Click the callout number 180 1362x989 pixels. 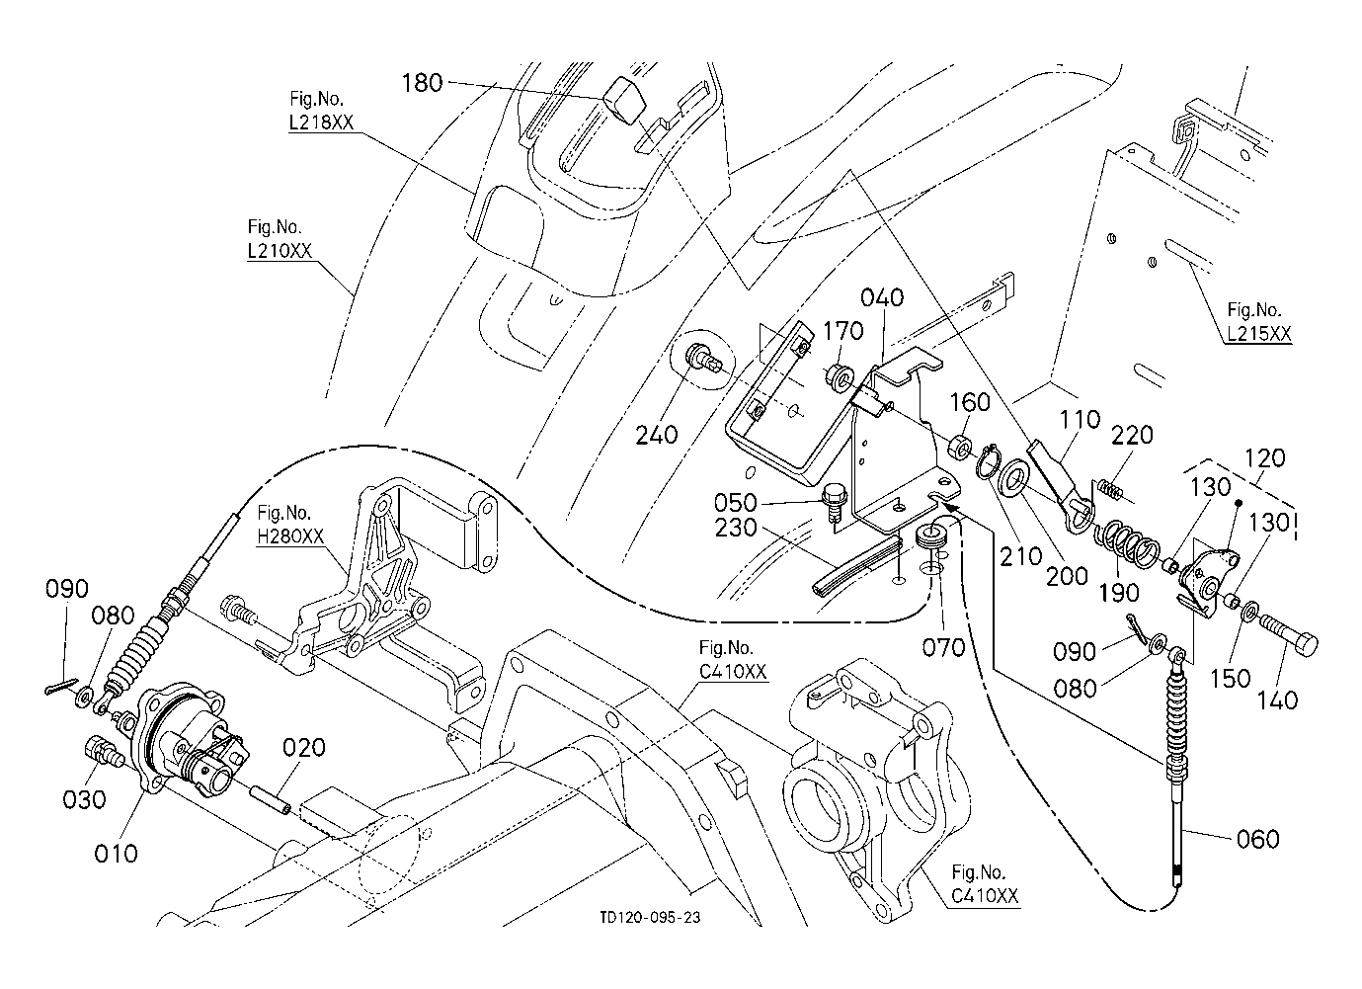[x=422, y=83]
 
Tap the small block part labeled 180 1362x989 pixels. [x=622, y=98]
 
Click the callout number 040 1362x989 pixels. [x=881, y=297]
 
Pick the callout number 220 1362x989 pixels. [x=1133, y=435]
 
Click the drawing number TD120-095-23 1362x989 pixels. [x=650, y=917]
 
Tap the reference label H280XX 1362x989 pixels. [x=289, y=536]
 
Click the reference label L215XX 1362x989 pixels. [x=1258, y=334]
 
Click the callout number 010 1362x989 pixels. [x=116, y=851]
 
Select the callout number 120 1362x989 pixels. [x=1265, y=457]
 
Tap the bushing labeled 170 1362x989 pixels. [x=840, y=377]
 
